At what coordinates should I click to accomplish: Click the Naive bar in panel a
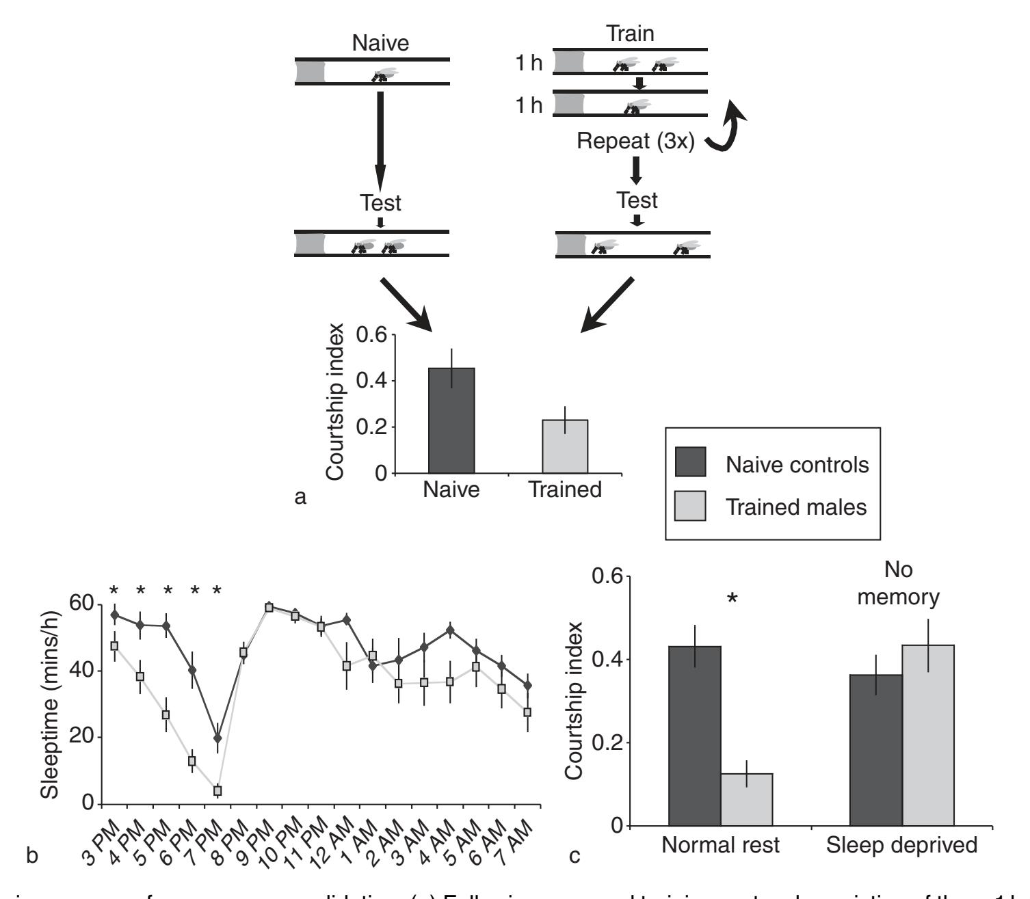(x=451, y=420)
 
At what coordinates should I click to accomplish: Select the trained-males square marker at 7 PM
(x=217, y=790)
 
